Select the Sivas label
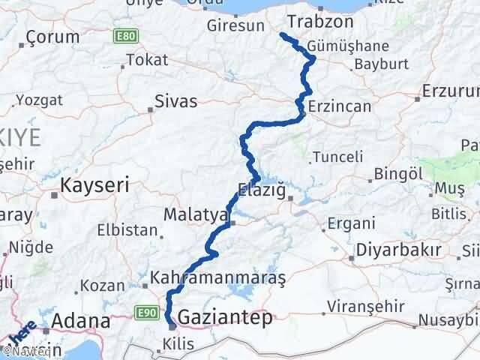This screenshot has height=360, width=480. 175,100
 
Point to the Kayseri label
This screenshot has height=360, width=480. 95,184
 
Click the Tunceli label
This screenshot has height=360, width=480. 337,157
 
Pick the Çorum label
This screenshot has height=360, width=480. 52,37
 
